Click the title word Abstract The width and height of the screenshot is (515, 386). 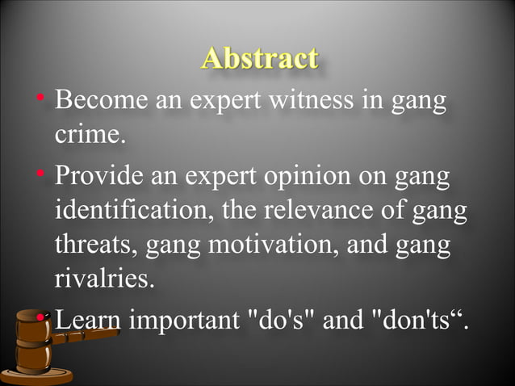(x=259, y=58)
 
